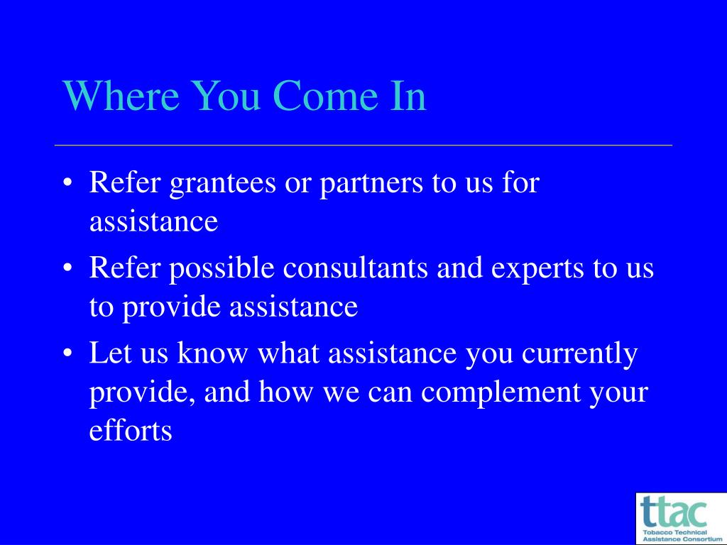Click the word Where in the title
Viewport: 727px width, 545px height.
click(x=121, y=95)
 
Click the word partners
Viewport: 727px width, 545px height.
click(x=371, y=184)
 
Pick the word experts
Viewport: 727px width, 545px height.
click(x=537, y=270)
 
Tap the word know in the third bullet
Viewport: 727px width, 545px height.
click(x=213, y=353)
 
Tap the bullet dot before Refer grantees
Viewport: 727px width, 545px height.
click(x=67, y=184)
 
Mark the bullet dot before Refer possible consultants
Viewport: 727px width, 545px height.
click(x=67, y=269)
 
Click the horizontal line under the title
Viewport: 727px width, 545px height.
click(x=363, y=145)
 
